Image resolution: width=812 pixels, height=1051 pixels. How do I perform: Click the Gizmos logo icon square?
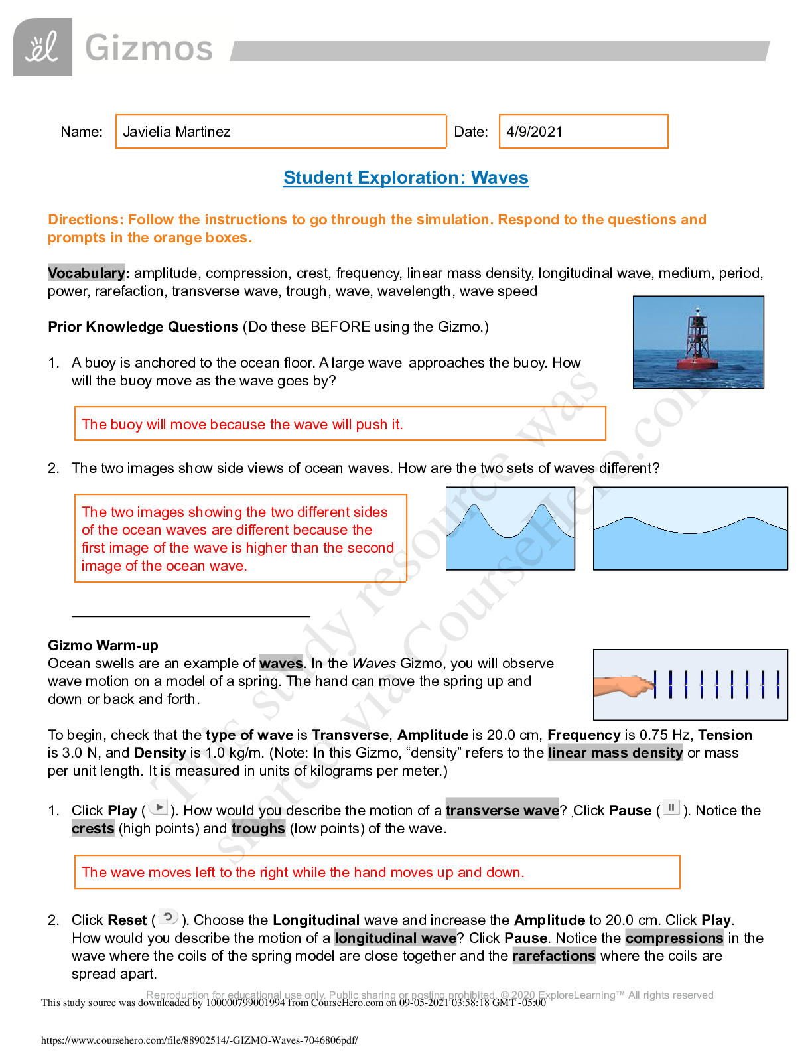pyautogui.click(x=42, y=47)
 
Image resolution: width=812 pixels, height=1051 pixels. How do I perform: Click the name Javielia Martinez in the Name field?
pyautogui.click(x=176, y=131)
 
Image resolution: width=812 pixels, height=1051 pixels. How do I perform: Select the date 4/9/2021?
pyautogui.click(x=534, y=131)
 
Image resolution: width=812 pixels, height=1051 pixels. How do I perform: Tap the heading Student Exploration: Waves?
pyautogui.click(x=406, y=178)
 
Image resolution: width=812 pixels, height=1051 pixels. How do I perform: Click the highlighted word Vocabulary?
pyautogui.click(x=86, y=273)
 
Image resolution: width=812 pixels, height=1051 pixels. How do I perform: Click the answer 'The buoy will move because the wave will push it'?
pyautogui.click(x=242, y=425)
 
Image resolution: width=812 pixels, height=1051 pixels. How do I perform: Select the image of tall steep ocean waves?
pyautogui.click(x=510, y=528)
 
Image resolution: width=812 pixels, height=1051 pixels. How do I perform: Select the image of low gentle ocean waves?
pyautogui.click(x=690, y=528)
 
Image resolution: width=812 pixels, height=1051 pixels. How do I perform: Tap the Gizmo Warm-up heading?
pyautogui.click(x=103, y=645)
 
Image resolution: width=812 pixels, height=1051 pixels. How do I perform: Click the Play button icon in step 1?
pyautogui.click(x=159, y=807)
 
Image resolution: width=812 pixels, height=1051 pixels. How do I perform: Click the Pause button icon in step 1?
pyautogui.click(x=671, y=807)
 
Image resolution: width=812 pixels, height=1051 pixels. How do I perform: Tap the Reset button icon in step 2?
pyautogui.click(x=169, y=917)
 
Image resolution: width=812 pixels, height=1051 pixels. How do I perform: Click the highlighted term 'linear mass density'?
pyautogui.click(x=615, y=752)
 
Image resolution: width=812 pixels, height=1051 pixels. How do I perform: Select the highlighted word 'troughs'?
pyautogui.click(x=258, y=828)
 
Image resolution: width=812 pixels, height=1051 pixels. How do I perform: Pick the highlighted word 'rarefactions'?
pyautogui.click(x=554, y=955)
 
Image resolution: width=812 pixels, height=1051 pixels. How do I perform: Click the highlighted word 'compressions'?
pyautogui.click(x=674, y=938)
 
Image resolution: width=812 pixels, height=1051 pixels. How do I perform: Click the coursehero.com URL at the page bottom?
pyautogui.click(x=199, y=1040)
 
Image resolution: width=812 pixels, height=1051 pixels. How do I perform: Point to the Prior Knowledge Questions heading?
pyautogui.click(x=143, y=326)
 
